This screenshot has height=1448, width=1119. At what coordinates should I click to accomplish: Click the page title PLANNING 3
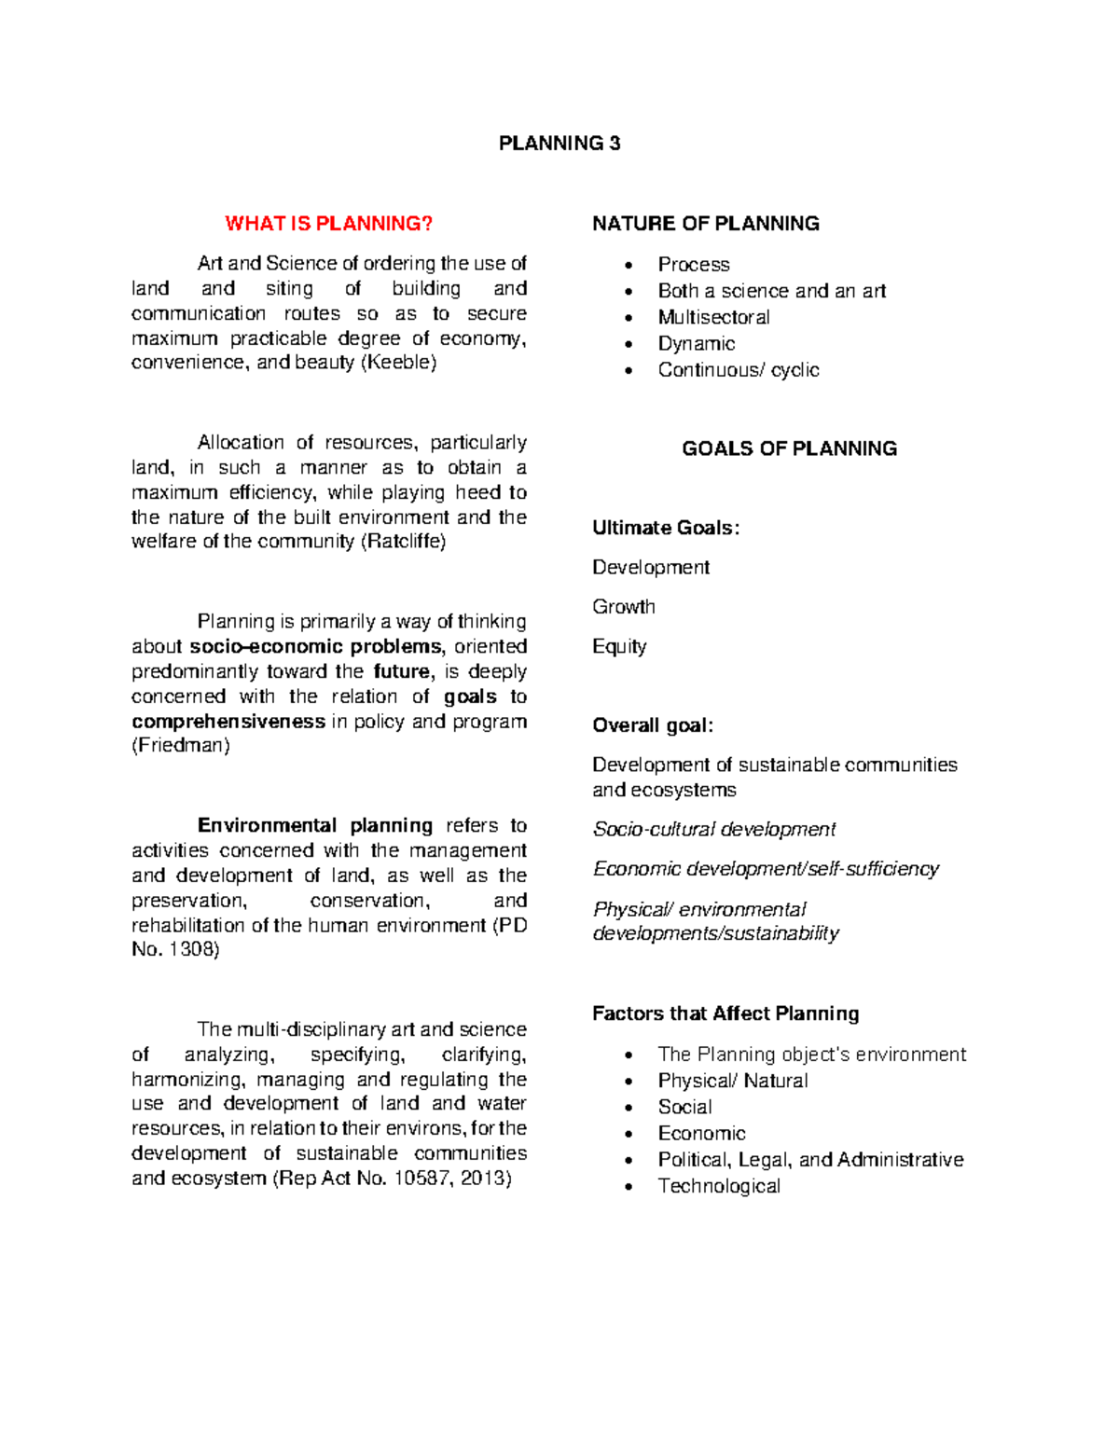click(x=559, y=144)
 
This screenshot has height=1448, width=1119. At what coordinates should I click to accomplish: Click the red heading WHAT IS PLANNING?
click(x=329, y=224)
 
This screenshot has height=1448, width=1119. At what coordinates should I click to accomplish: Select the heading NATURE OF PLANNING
click(x=706, y=224)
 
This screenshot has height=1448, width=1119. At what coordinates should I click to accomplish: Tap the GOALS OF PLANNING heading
click(x=789, y=448)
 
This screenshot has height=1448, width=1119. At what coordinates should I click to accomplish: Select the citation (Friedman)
click(x=181, y=746)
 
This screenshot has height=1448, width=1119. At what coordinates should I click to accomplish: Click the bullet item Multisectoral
click(x=713, y=318)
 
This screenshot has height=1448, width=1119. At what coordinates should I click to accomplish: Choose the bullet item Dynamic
click(x=696, y=344)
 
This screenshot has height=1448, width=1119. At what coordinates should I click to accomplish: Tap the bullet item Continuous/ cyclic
click(x=738, y=370)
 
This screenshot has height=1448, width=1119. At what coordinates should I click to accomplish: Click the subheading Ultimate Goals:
click(x=666, y=529)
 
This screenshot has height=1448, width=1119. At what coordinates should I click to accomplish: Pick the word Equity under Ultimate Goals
click(x=619, y=647)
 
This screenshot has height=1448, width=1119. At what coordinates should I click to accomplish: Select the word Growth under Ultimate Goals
click(x=624, y=607)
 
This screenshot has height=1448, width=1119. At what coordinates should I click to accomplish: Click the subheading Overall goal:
click(x=653, y=726)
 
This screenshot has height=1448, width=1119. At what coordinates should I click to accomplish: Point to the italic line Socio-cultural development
click(x=714, y=830)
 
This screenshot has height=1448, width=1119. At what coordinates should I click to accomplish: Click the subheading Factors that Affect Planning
click(x=725, y=1014)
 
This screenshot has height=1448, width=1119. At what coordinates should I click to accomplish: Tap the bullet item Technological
click(x=719, y=1186)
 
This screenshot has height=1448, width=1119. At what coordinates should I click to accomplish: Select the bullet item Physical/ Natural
click(x=732, y=1081)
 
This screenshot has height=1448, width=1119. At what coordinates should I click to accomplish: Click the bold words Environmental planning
click(x=315, y=826)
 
